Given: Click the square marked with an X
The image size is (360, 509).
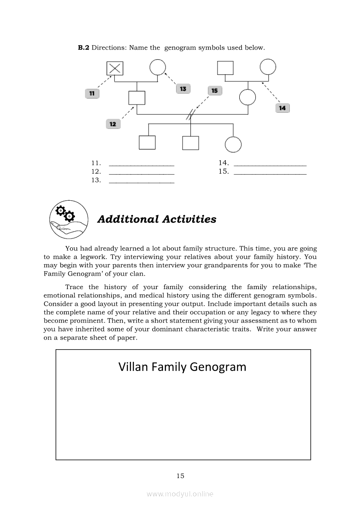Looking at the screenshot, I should click(x=115, y=67).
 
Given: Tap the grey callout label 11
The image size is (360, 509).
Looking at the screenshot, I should click(x=92, y=93).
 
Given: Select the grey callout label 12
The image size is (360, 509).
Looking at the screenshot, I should click(x=113, y=124).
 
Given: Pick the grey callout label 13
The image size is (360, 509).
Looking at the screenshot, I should click(x=183, y=89).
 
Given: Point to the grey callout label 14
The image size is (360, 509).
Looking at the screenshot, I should click(x=282, y=108).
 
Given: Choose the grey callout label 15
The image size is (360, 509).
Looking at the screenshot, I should click(x=214, y=91).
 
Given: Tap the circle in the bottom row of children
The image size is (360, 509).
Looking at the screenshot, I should click(x=233, y=144).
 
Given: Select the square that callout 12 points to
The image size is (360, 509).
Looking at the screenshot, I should click(x=137, y=97).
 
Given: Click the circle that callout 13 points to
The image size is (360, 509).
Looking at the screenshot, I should click(x=158, y=67).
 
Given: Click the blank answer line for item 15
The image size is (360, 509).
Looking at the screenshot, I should click(x=270, y=173).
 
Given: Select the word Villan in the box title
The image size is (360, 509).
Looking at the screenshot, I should click(x=133, y=367).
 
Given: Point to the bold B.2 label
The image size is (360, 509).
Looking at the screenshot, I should click(x=83, y=47).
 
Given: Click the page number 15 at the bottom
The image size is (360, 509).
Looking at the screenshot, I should click(x=180, y=476).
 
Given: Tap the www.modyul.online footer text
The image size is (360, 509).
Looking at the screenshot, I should click(x=180, y=494).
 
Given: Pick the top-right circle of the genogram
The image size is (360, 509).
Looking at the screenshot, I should click(x=268, y=67).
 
